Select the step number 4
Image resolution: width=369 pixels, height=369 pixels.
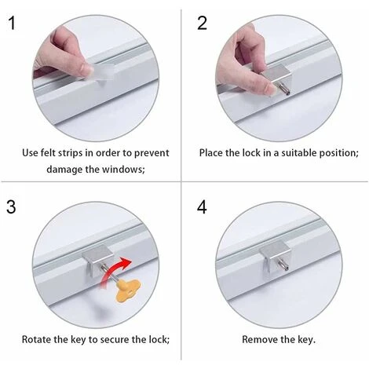click(202, 207)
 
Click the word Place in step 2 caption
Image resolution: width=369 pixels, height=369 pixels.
click(212, 152)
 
